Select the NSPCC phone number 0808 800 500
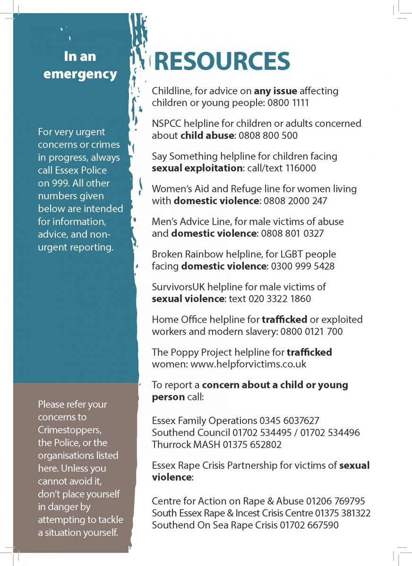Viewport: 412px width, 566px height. (268, 135)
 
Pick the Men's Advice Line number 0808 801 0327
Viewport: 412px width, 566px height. (292, 233)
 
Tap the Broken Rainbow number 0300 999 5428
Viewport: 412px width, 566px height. (302, 266)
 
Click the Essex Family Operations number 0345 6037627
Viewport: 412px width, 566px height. (289, 420)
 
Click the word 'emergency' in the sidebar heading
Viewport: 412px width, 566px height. (80, 75)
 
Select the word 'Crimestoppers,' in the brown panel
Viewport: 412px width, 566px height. (70, 430)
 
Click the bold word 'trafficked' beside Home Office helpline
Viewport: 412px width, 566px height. (284, 319)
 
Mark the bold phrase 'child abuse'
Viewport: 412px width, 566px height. (207, 135)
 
